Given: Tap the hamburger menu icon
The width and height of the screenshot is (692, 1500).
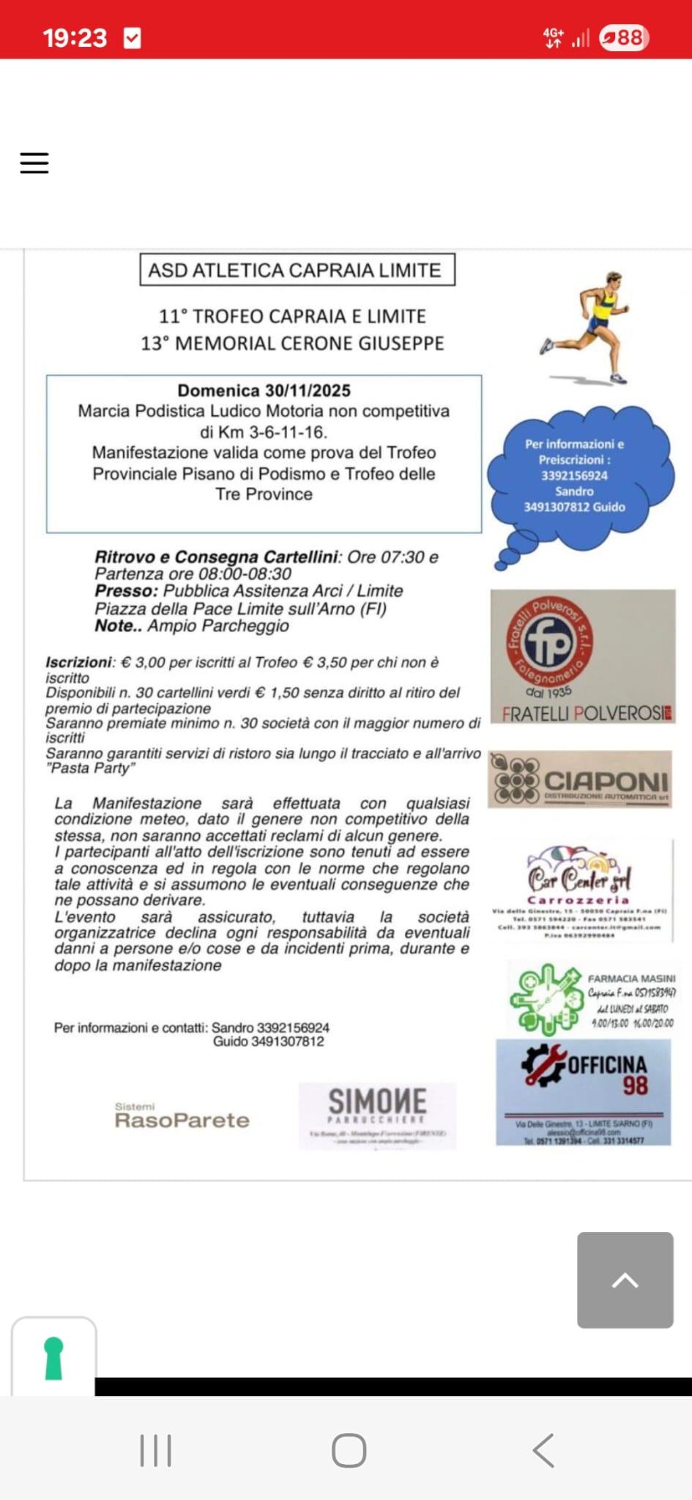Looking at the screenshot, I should click(34, 163).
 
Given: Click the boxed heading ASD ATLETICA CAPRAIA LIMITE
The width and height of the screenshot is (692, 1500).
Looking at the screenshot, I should click(297, 270).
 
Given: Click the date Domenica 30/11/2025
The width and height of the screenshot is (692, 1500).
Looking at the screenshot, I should click(264, 390).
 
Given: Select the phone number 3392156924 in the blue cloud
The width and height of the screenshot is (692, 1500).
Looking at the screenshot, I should click(574, 475).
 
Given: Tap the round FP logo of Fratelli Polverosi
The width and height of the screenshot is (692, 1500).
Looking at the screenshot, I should click(549, 642).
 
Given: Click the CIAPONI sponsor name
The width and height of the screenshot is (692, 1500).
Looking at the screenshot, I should click(606, 781).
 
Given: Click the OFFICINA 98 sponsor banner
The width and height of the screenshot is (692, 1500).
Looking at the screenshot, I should click(583, 1091).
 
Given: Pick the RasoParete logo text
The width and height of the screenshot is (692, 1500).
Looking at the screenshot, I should click(182, 1120).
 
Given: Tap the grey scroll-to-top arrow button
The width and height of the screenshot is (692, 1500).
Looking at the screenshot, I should click(625, 1280).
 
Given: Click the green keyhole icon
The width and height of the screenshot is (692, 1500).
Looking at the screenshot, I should click(53, 1359).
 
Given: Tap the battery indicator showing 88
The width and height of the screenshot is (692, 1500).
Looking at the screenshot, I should click(624, 37).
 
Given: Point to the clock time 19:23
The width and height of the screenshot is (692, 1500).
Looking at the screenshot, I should click(75, 37).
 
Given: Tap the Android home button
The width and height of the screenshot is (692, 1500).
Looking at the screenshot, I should click(349, 1450).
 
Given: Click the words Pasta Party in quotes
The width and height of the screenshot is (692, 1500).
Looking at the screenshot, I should click(91, 768).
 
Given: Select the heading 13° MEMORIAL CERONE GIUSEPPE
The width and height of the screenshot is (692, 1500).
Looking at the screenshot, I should click(292, 344).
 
